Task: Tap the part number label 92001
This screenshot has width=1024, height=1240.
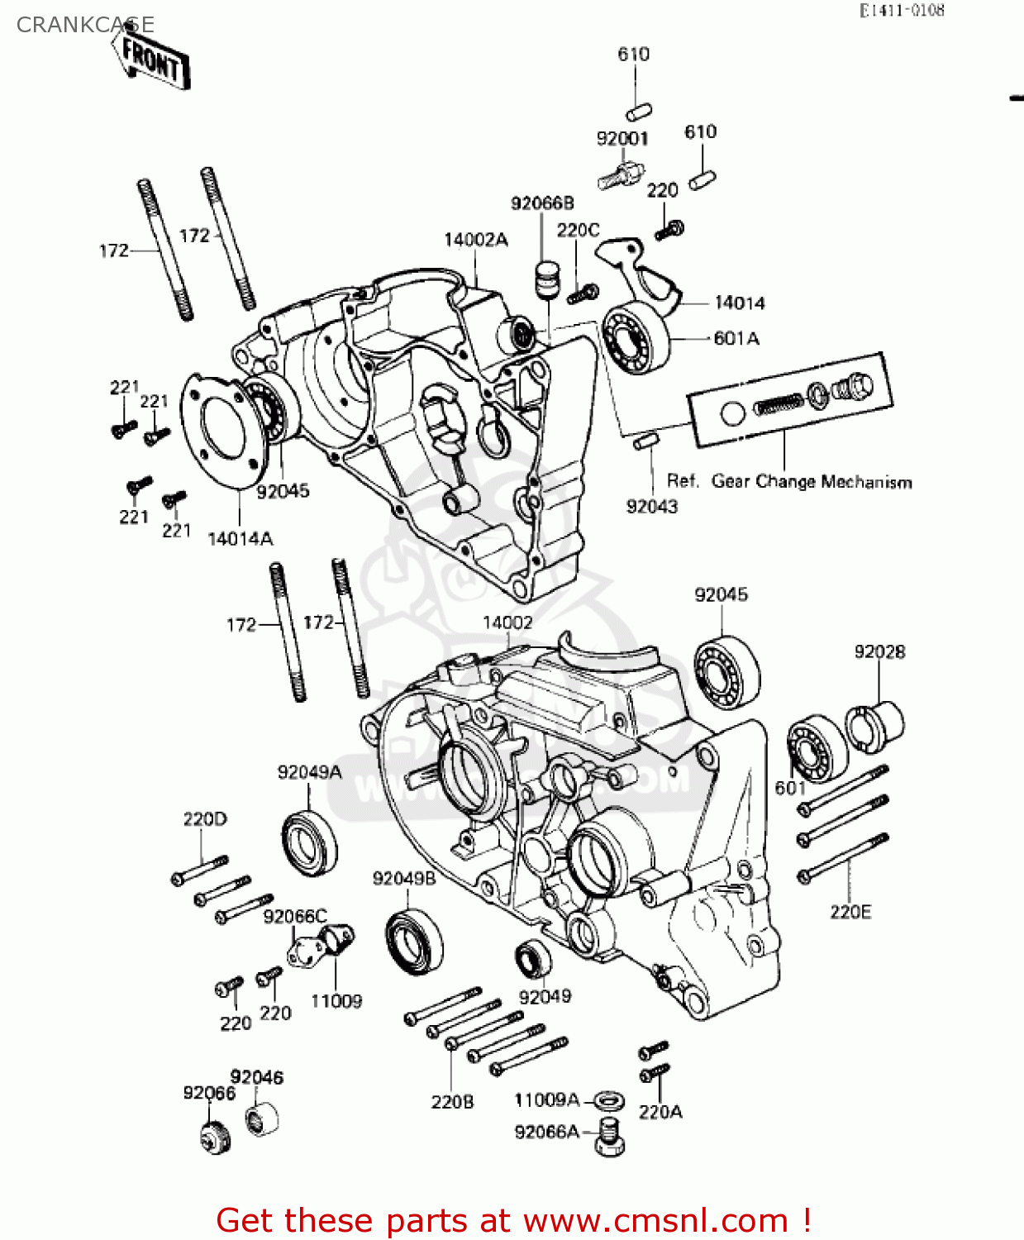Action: coord(622,139)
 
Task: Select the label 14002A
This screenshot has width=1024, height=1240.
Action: coord(476,240)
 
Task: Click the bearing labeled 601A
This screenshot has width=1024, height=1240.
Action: coord(636,338)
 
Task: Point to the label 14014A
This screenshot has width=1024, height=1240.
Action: coord(240,539)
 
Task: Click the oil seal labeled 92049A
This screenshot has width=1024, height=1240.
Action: coord(310,843)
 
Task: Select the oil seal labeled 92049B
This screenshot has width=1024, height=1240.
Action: coord(413,940)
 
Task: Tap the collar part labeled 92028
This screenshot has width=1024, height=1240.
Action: coord(874,727)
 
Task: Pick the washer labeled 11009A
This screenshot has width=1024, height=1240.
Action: coord(609,1101)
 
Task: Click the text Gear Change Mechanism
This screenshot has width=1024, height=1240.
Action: coord(812,482)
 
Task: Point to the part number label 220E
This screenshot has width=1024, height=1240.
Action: coord(850,912)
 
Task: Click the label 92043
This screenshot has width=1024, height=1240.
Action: coord(651,507)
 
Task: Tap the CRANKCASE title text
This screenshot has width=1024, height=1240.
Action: coord(85,25)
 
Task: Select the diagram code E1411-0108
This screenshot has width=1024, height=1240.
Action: coord(902,11)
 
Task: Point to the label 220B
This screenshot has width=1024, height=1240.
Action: coord(452,1102)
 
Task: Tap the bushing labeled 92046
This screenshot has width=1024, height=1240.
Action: coord(262,1118)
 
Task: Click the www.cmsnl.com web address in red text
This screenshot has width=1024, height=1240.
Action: coord(656,1221)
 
